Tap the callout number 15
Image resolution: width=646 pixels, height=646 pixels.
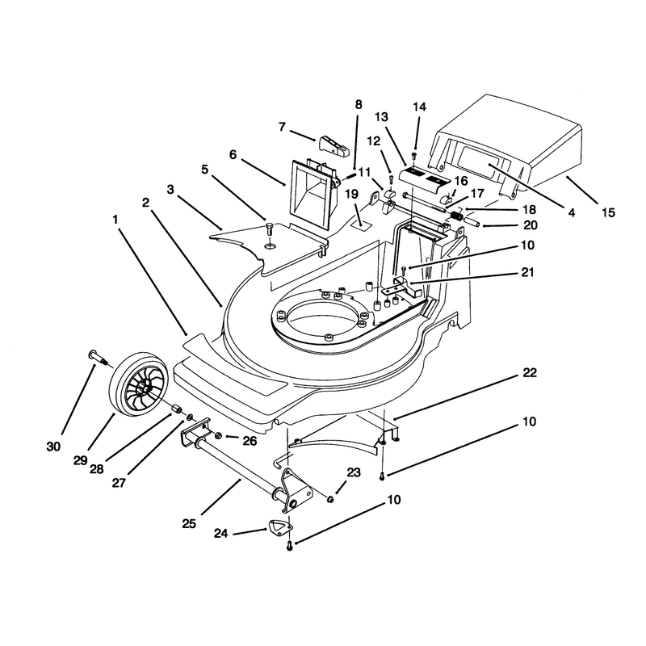click(x=608, y=212)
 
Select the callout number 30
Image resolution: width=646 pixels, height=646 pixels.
click(x=53, y=447)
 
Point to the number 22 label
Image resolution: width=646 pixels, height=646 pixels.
click(x=530, y=372)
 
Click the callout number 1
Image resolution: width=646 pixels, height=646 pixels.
click(x=115, y=220)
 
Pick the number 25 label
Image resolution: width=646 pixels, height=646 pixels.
click(x=189, y=523)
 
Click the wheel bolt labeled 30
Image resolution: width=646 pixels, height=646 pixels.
click(x=98, y=357)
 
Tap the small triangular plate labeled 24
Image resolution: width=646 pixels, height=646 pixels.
click(x=280, y=527)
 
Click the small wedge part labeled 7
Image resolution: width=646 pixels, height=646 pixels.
click(x=333, y=146)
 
